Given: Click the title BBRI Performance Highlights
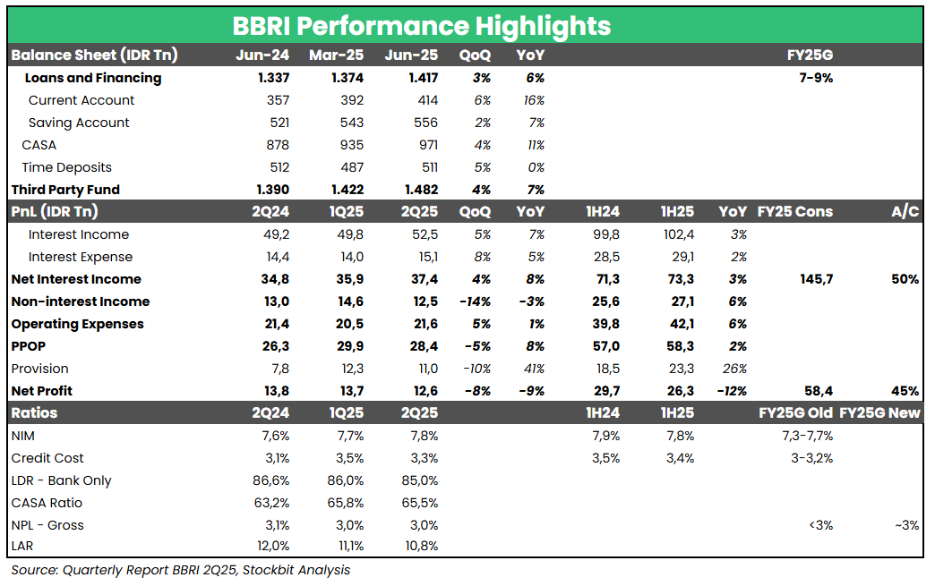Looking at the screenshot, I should coord(422,25).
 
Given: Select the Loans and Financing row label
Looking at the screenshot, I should coord(93,78).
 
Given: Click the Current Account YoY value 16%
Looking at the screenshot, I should coord(534,100).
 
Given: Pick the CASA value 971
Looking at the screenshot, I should coord(426,145).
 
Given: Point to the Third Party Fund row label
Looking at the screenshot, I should coord(65,190).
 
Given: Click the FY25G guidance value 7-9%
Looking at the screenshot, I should coord(815,78).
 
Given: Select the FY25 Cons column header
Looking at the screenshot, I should coord(795,212).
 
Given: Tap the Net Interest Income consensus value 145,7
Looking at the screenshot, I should coord(816,279).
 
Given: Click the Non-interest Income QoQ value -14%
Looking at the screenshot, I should coord(474,301).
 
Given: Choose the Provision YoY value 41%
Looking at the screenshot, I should coord(534,369).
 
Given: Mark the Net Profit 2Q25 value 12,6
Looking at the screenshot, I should coord(425,391).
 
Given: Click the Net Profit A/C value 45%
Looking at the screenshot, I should coord(905,391).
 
